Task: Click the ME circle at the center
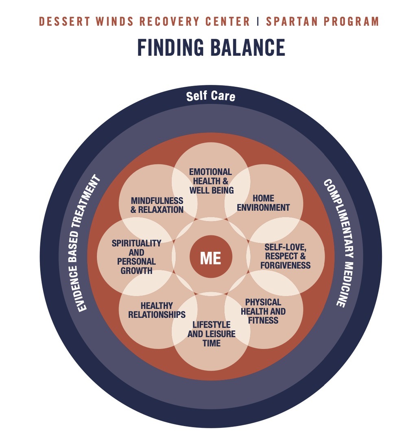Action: coord(211,257)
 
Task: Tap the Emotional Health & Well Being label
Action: coord(211,181)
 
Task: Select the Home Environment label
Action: coord(263,203)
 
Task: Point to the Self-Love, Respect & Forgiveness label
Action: coord(285,256)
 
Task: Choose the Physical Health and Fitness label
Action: coord(263,311)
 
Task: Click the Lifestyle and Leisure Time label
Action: coord(211,334)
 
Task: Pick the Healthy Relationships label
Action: coord(157,310)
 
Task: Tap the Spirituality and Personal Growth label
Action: coord(137,257)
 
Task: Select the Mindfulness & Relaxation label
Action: coord(157,205)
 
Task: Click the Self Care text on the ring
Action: coord(211,96)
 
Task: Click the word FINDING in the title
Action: coord(170,47)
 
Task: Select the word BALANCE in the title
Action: coord(248,47)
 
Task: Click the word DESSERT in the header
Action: coord(64,22)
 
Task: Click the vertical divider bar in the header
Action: coord(258,22)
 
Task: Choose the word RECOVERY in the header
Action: coord(170,22)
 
